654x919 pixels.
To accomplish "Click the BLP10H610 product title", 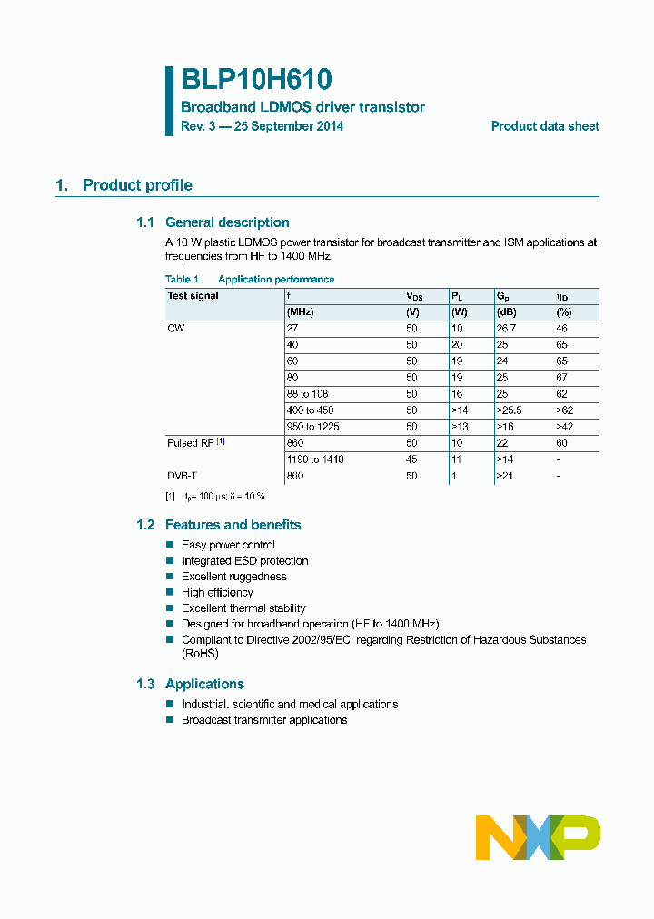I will click(x=256, y=80).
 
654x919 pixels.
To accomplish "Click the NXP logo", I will click(x=538, y=837).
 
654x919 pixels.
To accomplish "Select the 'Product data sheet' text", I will click(x=545, y=127).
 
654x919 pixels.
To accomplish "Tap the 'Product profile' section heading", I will click(x=137, y=185).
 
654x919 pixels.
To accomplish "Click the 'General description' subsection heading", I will click(x=227, y=222).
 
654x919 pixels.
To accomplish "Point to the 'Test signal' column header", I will click(x=193, y=296).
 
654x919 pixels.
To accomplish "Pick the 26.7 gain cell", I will click(x=506, y=328).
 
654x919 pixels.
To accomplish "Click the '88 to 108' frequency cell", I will click(x=307, y=394).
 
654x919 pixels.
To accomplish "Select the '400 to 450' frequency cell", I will click(x=310, y=410).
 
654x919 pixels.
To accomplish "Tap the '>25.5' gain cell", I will click(x=509, y=410).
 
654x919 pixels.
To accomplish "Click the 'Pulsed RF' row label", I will click(x=190, y=443).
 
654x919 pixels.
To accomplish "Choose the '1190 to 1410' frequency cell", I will click(x=315, y=459).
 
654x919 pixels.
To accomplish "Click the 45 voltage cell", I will click(x=411, y=459).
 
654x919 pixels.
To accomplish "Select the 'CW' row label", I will click(x=175, y=328).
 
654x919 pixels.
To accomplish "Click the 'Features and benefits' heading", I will click(x=233, y=525).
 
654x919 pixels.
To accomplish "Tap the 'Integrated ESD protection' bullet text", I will click(x=244, y=561).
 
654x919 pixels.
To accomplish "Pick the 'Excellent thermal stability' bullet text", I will click(x=243, y=608).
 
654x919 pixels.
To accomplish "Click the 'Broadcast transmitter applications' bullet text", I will click(x=264, y=720).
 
